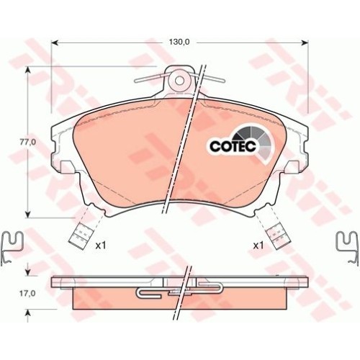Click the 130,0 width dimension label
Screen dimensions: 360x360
(x=180, y=42)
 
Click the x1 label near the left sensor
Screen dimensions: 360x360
(x=101, y=246)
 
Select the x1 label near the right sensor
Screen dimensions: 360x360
(x=258, y=246)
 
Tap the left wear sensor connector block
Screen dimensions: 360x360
(x=81, y=235)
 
